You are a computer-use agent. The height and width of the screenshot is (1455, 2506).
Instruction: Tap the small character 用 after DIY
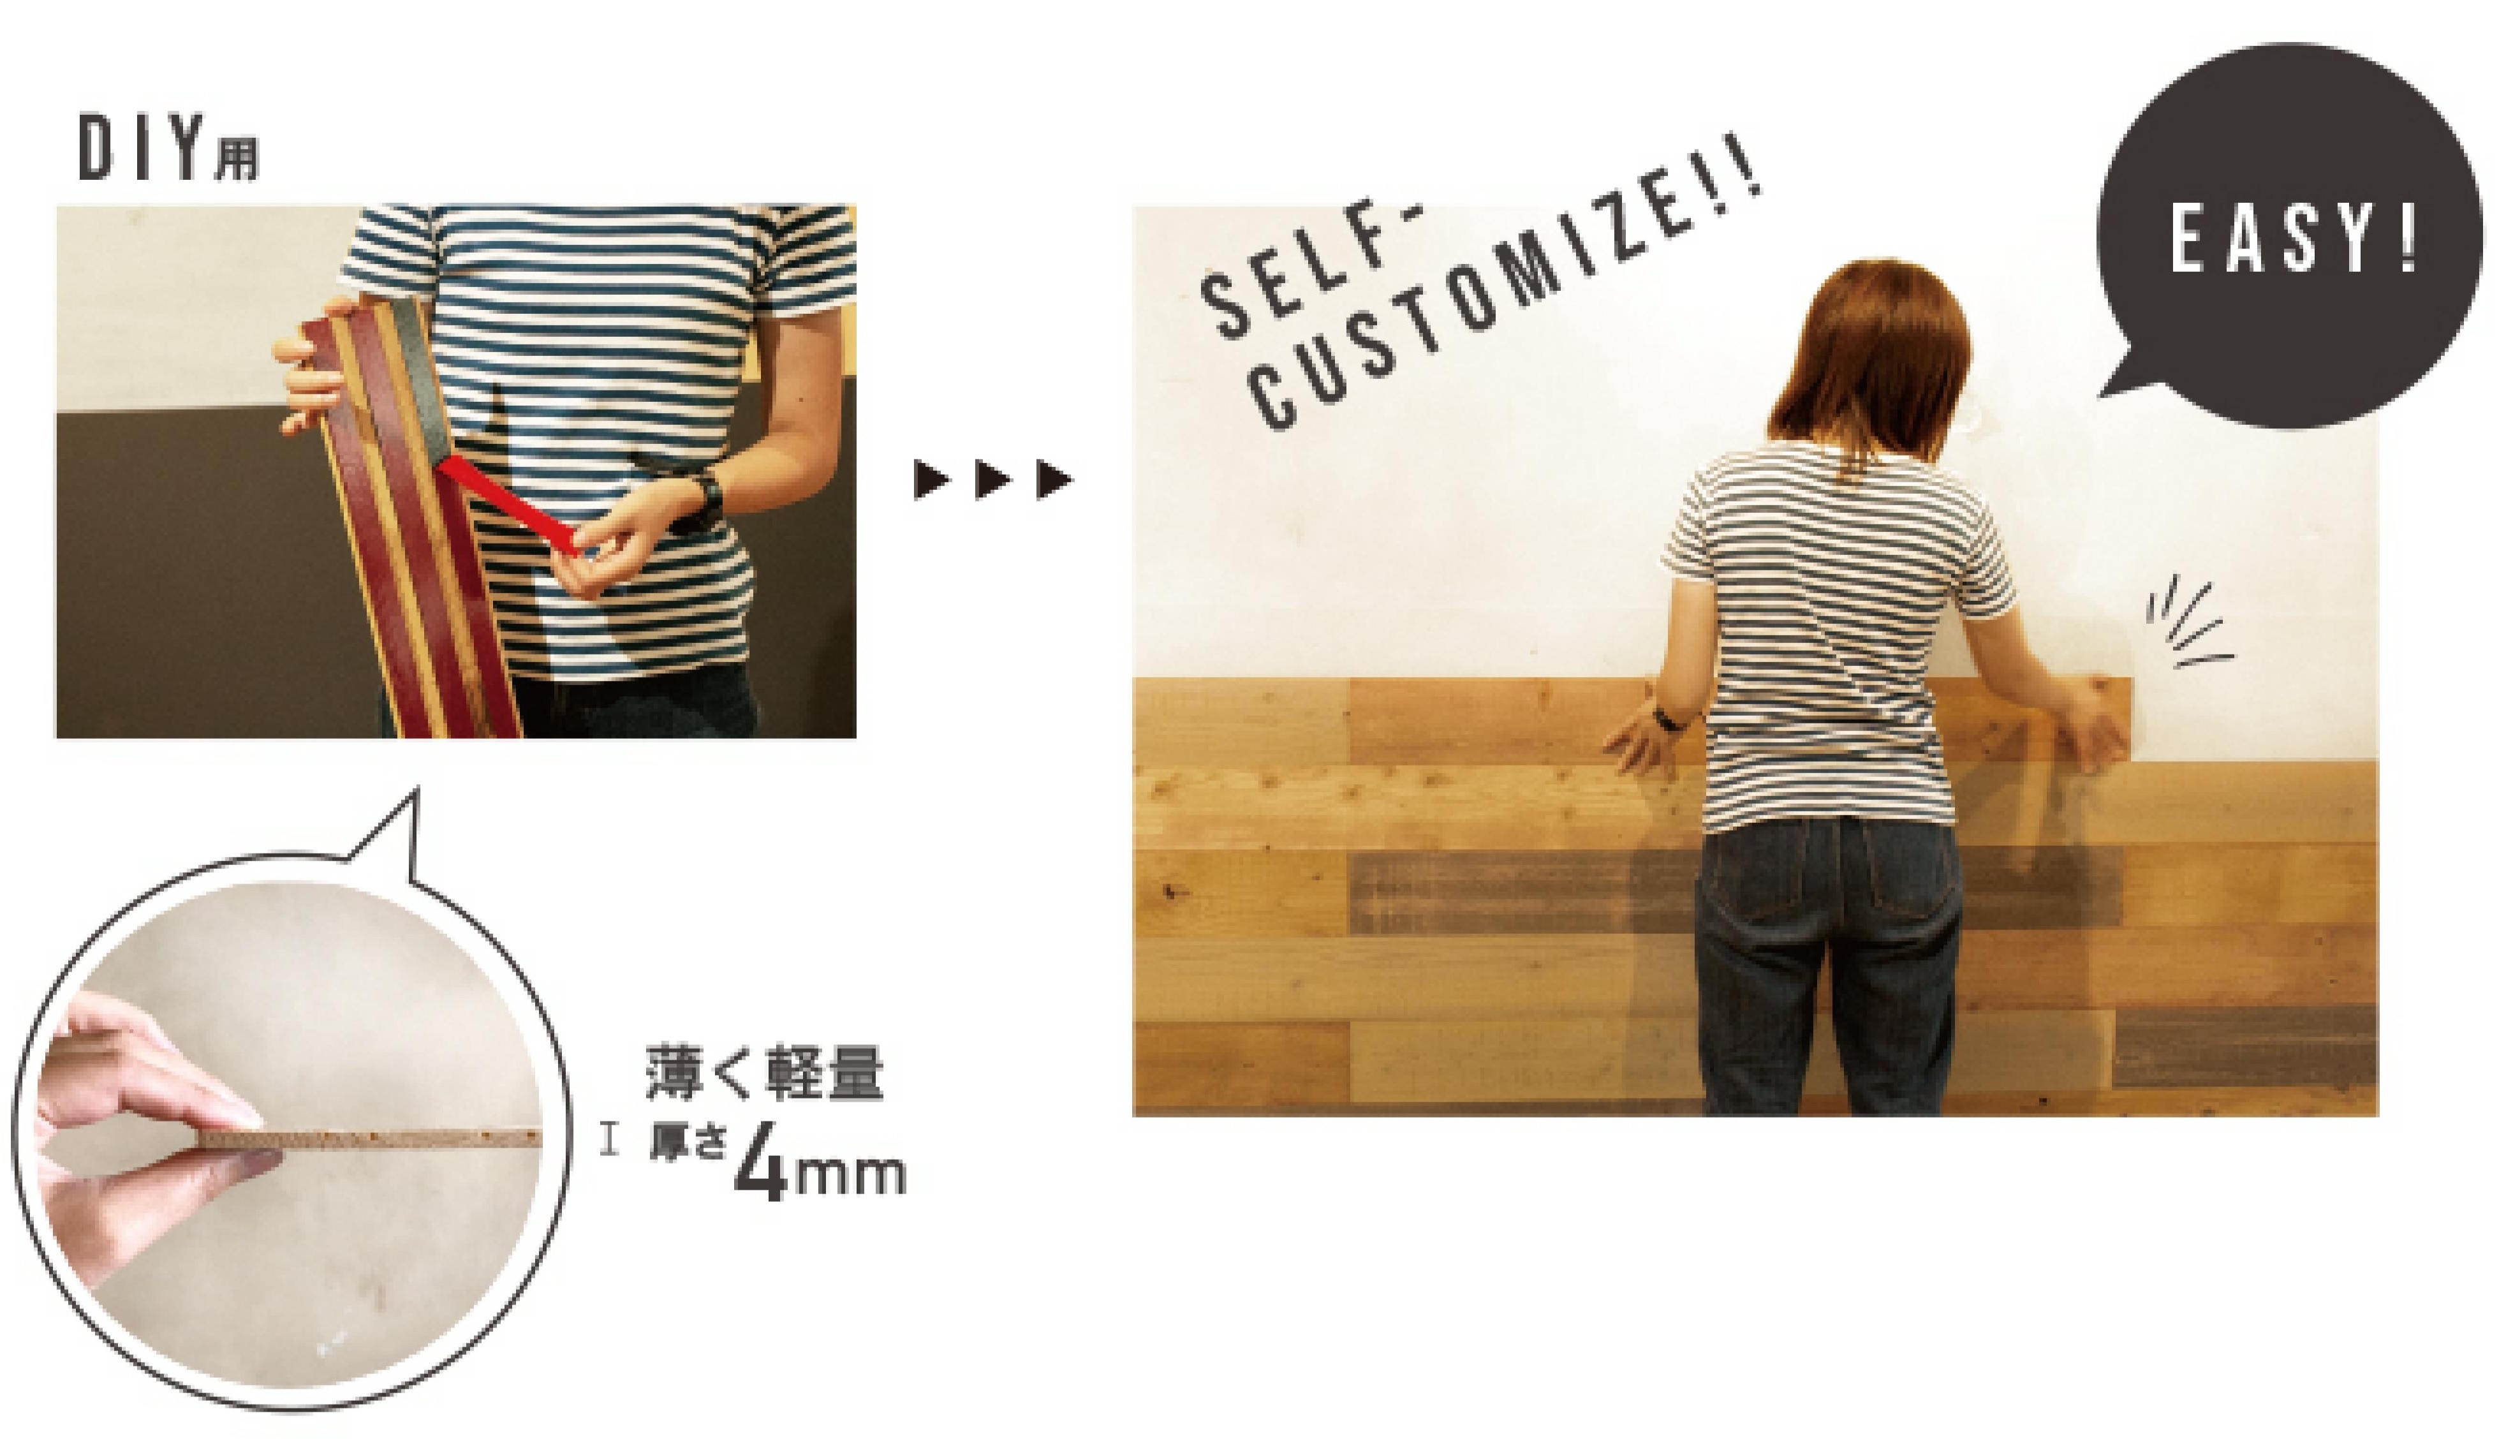tap(236, 159)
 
